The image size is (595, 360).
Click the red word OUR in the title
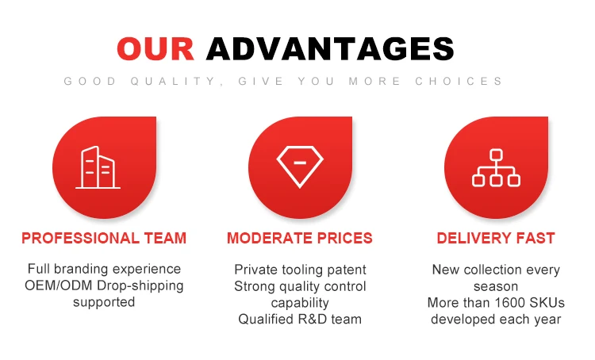pyautogui.click(x=155, y=48)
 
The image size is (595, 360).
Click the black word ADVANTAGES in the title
pyautogui.click(x=330, y=48)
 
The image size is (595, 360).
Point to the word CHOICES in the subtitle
pyautogui.click(x=459, y=81)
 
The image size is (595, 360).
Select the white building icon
pyautogui.click(x=98, y=167)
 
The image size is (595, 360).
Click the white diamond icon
pyautogui.click(x=300, y=167)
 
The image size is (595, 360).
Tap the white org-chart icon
pyautogui.click(x=496, y=167)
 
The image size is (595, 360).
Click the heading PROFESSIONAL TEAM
pyautogui.click(x=104, y=238)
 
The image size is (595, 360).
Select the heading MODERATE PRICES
pyautogui.click(x=300, y=238)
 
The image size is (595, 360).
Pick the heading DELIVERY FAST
pyautogui.click(x=496, y=238)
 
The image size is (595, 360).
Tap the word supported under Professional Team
pyautogui.click(x=104, y=302)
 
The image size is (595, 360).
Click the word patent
pyautogui.click(x=347, y=270)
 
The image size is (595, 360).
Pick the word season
pyautogui.click(x=496, y=287)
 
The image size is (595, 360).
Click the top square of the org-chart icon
pyautogui.click(x=496, y=155)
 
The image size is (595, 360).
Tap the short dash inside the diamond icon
pyautogui.click(x=300, y=163)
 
